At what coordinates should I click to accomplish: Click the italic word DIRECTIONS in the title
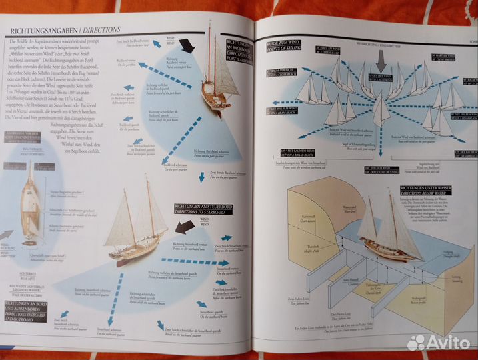coord(102,30)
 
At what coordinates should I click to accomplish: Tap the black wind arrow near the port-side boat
coord(187,45)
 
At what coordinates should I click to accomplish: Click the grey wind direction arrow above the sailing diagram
coord(381,61)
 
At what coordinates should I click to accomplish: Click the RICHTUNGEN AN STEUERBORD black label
coord(199,209)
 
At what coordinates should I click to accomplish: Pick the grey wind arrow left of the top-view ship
coord(6,235)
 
